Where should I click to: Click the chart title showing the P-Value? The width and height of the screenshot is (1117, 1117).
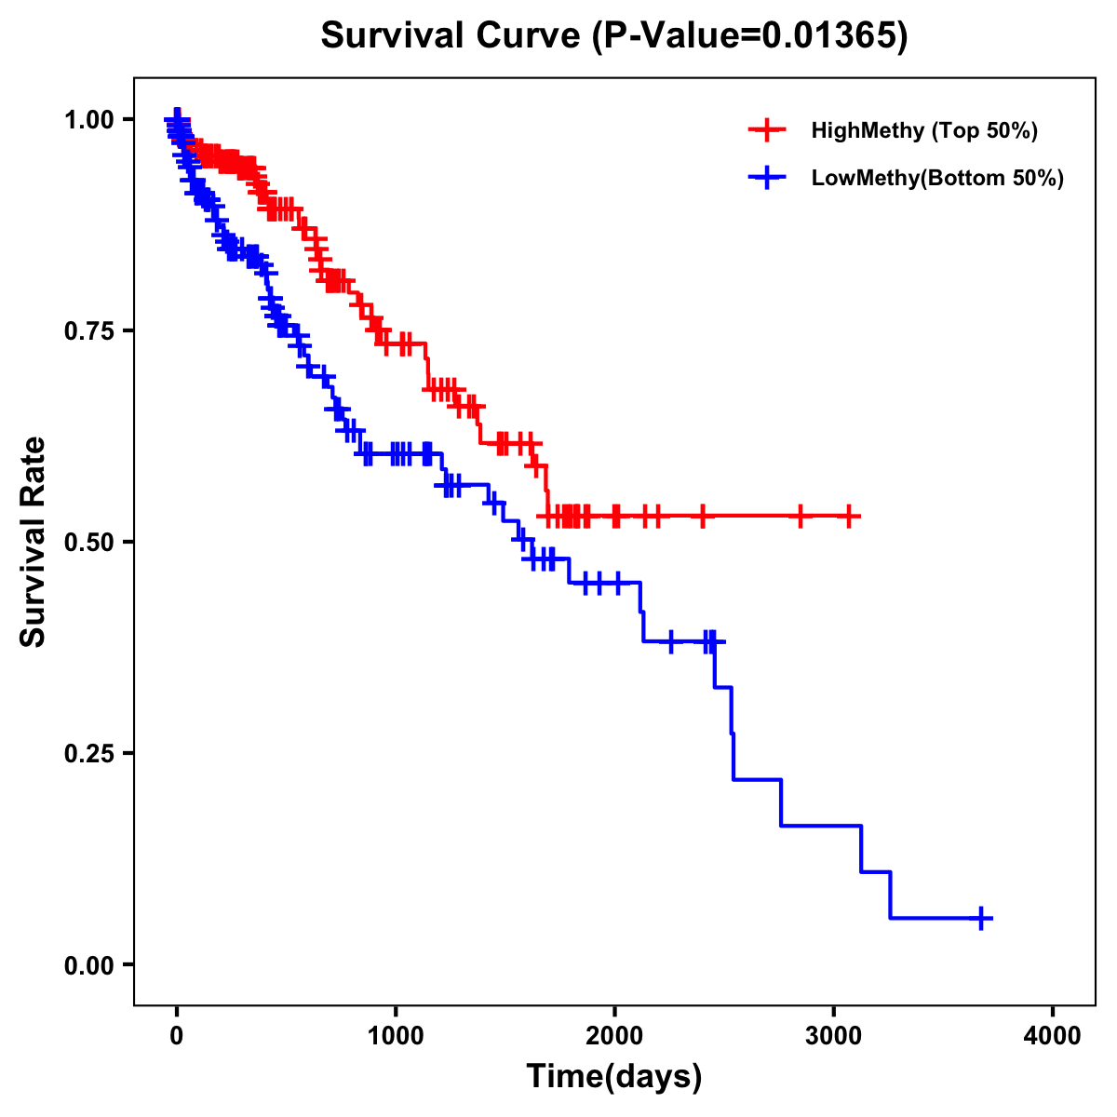pyautogui.click(x=613, y=36)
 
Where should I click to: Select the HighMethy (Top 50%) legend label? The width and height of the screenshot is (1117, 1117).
pyautogui.click(x=924, y=130)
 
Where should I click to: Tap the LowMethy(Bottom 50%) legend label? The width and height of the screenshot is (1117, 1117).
pyautogui.click(x=937, y=178)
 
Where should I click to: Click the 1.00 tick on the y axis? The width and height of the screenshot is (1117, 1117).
pyautogui.click(x=88, y=120)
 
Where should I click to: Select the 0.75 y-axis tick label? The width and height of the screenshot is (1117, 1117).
pyautogui.click(x=88, y=331)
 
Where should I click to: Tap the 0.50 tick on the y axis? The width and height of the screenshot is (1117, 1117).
pyautogui.click(x=88, y=543)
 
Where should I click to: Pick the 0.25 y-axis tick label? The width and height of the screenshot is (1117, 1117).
pyautogui.click(x=88, y=754)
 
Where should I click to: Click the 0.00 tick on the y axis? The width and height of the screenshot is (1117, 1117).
pyautogui.click(x=88, y=965)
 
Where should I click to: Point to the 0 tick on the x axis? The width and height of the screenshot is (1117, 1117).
pyautogui.click(x=177, y=1035)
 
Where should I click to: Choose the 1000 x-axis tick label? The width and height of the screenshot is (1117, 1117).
pyautogui.click(x=396, y=1035)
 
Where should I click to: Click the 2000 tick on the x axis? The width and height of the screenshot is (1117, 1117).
pyautogui.click(x=614, y=1035)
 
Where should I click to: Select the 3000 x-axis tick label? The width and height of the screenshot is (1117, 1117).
pyautogui.click(x=833, y=1035)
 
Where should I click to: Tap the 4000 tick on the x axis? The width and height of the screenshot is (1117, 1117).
pyautogui.click(x=1053, y=1035)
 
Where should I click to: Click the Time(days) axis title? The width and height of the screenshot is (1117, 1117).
pyautogui.click(x=614, y=1077)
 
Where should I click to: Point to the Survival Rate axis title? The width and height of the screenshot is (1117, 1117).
pyautogui.click(x=34, y=542)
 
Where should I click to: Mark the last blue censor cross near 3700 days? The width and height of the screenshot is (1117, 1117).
pyautogui.click(x=981, y=918)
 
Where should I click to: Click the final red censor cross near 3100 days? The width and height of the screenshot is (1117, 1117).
pyautogui.click(x=848, y=516)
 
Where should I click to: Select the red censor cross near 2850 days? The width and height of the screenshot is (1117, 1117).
pyautogui.click(x=800, y=516)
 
